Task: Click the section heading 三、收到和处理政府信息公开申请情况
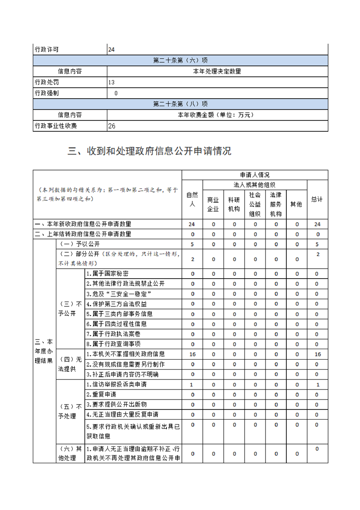point(150,151)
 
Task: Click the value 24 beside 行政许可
point(111,50)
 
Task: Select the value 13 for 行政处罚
point(111,82)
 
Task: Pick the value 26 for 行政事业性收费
point(111,126)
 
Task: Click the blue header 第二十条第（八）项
point(180,104)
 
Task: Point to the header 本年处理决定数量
point(217,71)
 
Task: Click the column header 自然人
point(192,200)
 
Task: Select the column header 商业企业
point(213,205)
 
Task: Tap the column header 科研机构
point(234,205)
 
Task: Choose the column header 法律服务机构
point(276,205)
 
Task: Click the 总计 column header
point(317,200)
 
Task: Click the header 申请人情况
point(255,175)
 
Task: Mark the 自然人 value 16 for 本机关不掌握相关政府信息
point(192,354)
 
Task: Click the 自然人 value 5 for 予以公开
point(192,244)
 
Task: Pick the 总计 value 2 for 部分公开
point(317,255)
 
